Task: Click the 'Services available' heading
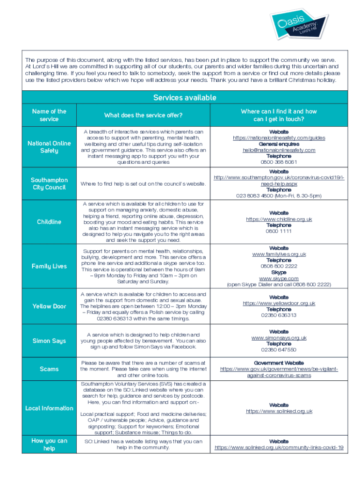click(x=185, y=97)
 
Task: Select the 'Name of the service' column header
click(x=49, y=115)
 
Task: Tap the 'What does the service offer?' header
click(x=143, y=115)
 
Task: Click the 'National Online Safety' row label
click(x=49, y=147)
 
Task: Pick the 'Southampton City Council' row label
click(x=49, y=183)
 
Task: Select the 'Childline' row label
click(x=49, y=222)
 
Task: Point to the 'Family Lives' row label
click(x=49, y=266)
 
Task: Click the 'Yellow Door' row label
click(x=49, y=306)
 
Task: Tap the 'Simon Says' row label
click(x=49, y=341)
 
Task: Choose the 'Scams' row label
click(x=49, y=369)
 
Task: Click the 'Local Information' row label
click(x=49, y=408)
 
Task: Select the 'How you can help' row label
click(x=49, y=444)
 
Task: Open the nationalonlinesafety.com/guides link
click(x=279, y=138)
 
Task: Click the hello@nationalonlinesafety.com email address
click(x=279, y=150)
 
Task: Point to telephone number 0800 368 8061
click(x=279, y=162)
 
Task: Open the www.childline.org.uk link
click(x=279, y=219)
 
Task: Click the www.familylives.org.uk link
click(x=279, y=254)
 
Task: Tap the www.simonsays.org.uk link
click(x=279, y=338)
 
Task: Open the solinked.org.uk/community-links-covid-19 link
click(x=279, y=448)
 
